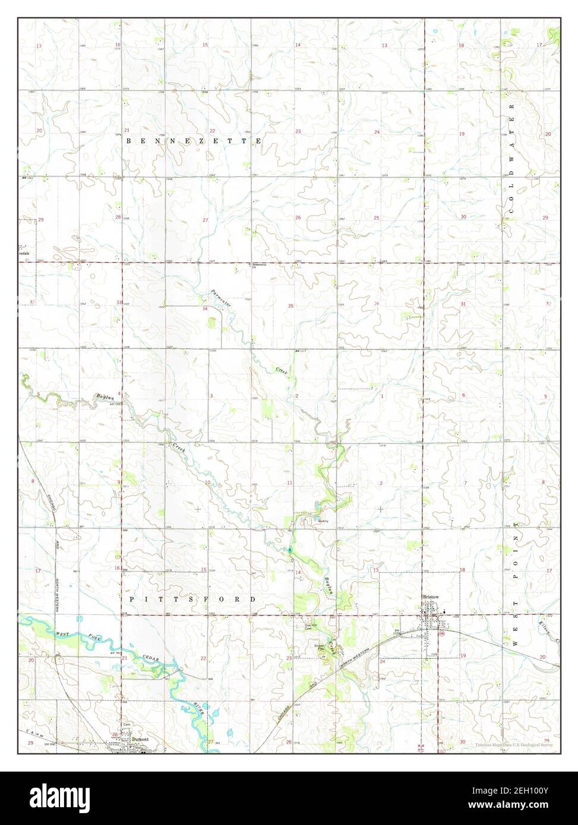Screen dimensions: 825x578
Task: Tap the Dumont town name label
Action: coord(140,739)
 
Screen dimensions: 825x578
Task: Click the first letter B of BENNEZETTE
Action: coord(129,141)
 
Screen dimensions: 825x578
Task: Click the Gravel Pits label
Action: coord(319,647)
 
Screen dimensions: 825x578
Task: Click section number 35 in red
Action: coord(291,306)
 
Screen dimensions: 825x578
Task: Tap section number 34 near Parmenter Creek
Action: coord(205,309)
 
